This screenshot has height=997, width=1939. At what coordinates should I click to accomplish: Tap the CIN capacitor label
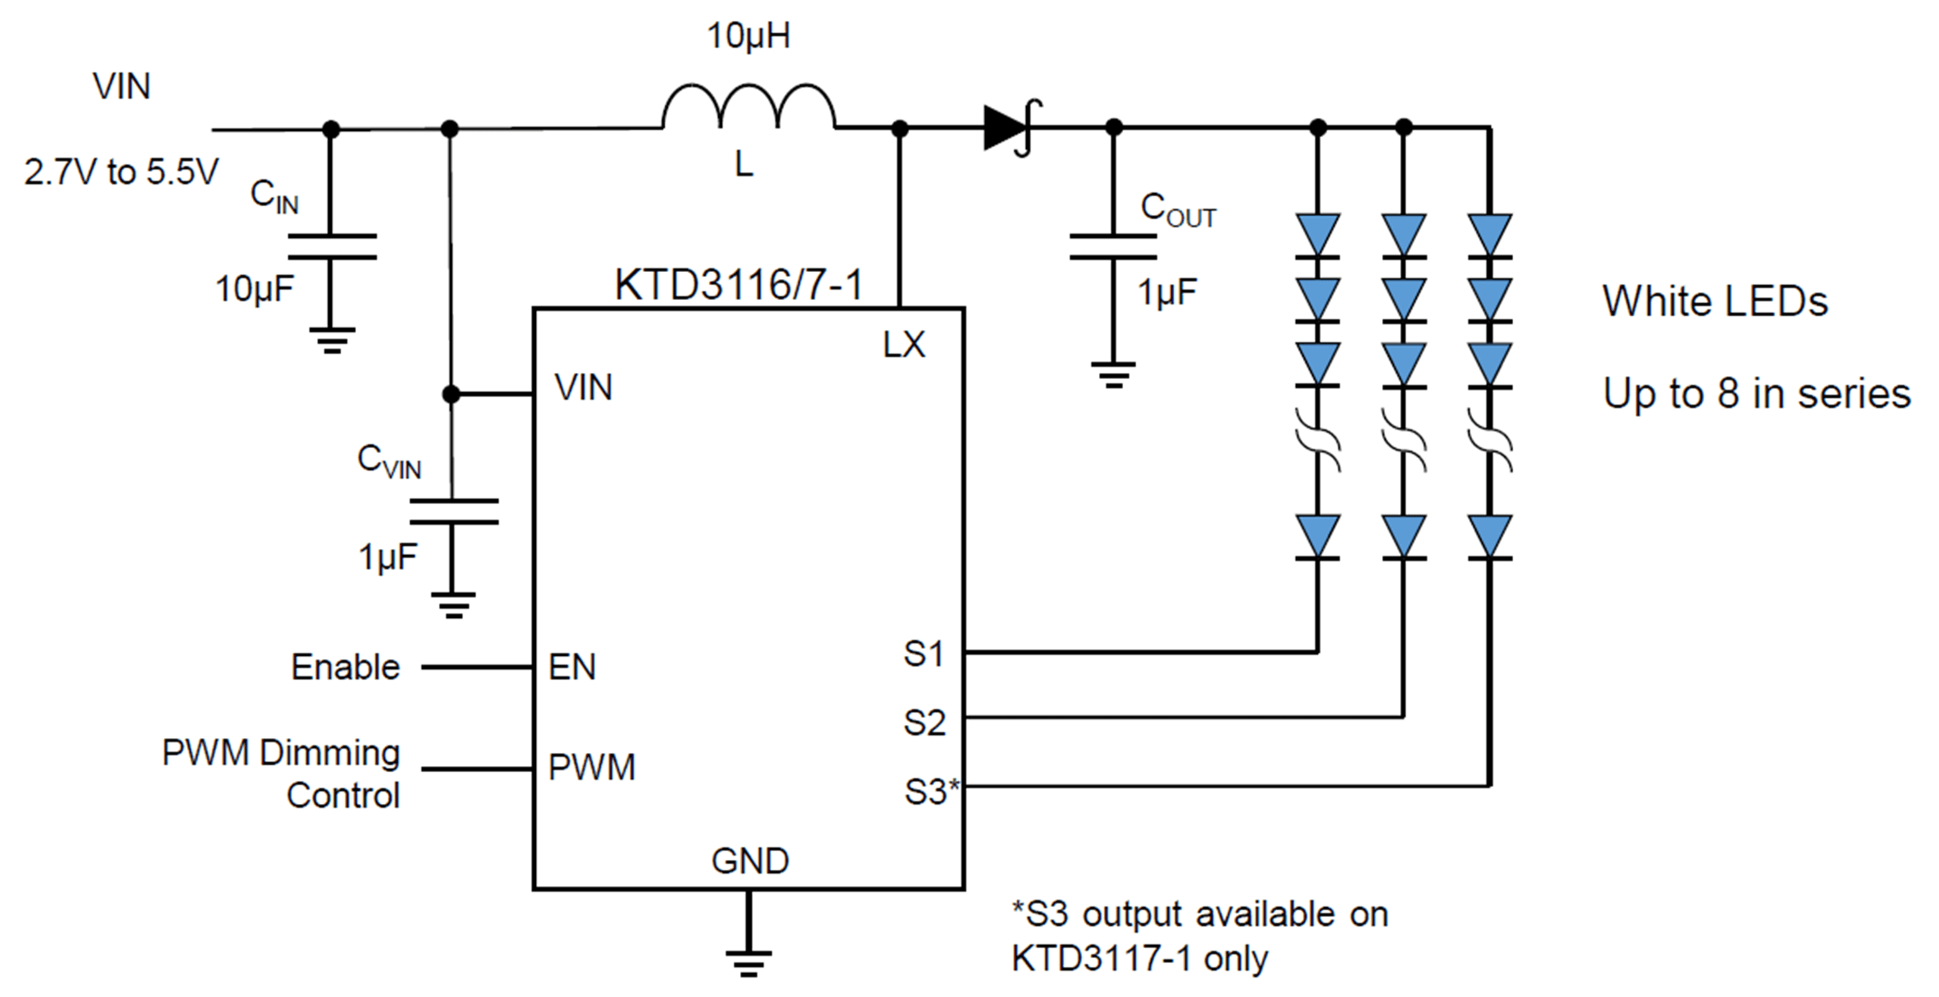pos(275,195)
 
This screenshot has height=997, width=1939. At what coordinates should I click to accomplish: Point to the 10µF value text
pos(254,289)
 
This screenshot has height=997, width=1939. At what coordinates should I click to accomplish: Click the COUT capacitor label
pos(1178,209)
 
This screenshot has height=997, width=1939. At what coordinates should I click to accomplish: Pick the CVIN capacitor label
pos(389,461)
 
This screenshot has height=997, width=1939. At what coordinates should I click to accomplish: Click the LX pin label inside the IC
pos(904,345)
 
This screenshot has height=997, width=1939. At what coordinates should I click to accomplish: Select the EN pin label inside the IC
pos(572,667)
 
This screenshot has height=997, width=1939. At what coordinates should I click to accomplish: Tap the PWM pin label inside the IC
pos(592,768)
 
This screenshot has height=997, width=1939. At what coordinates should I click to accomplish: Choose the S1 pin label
pos(924,654)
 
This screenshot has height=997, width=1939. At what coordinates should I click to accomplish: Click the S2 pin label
pos(925,723)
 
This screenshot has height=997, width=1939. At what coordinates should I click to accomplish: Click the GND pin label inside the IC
pos(750,861)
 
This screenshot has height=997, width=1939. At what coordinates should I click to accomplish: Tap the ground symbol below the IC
pos(748,963)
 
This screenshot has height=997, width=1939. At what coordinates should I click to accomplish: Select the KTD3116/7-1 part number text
pos(738,285)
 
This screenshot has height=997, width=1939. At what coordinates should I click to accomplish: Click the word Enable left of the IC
pos(345,667)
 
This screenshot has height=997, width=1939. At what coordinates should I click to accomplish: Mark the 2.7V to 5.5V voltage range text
pos(122,172)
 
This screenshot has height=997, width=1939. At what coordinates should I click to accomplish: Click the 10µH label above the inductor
pos(748,36)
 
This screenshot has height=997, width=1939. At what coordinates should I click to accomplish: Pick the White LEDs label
pos(1715,301)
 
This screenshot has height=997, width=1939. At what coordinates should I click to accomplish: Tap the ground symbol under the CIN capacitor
pos(332,340)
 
